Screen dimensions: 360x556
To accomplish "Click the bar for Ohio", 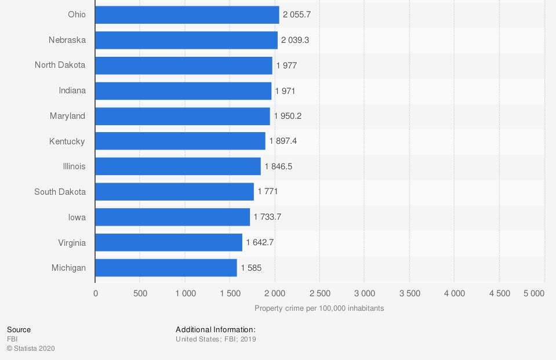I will coord(187,14).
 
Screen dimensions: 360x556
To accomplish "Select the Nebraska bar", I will coord(186,40).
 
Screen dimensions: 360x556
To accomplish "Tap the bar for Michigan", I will coord(166,268).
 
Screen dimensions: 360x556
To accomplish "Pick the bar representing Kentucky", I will coord(180,141).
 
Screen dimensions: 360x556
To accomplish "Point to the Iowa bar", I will coord(172,217).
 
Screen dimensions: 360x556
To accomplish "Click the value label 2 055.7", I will coord(297,14).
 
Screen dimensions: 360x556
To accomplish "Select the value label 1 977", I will coord(286,66).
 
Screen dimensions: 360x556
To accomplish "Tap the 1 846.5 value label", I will coord(278,166).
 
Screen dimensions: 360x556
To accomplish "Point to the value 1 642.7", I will coord(260,242).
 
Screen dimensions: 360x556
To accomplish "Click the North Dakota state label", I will coord(60,65).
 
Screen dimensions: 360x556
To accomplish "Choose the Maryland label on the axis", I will coord(67,116).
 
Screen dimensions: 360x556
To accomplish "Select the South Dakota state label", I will coord(60,192).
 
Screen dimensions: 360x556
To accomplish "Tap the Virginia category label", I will coord(72,242).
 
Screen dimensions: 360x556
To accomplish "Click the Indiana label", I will coord(72,90).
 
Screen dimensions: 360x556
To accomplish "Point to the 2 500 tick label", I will coord(319,293).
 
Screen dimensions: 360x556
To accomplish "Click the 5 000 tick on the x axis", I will coord(533,293).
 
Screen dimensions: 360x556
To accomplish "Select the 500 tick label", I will coord(140,293).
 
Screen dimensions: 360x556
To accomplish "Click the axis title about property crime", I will coord(319,308).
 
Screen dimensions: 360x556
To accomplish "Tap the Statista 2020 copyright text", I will coord(31,348).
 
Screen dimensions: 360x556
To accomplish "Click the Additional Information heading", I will coord(215,330).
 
